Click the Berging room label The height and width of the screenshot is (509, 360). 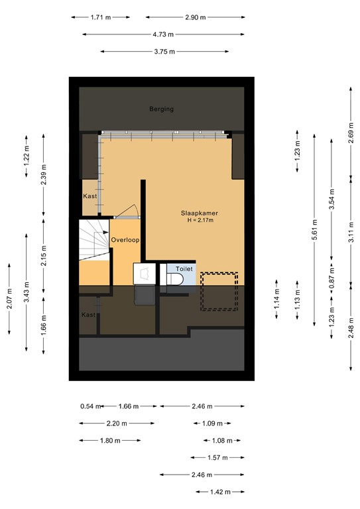click(x=161, y=109)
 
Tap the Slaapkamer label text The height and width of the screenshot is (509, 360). click(x=200, y=213)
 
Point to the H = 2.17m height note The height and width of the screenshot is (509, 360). click(x=200, y=221)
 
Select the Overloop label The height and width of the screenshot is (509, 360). click(x=125, y=240)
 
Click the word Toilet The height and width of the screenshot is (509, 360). click(x=184, y=269)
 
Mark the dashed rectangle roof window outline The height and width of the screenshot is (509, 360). click(x=219, y=291)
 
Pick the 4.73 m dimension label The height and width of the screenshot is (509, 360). click(x=163, y=34)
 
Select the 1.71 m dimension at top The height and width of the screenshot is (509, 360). click(x=101, y=17)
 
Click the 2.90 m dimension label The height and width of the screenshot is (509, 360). click(x=195, y=17)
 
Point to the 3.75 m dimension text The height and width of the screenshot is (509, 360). click(x=164, y=51)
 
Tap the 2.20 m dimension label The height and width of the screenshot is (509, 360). click(x=116, y=424)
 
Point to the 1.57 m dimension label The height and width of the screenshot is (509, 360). click(x=216, y=457)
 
